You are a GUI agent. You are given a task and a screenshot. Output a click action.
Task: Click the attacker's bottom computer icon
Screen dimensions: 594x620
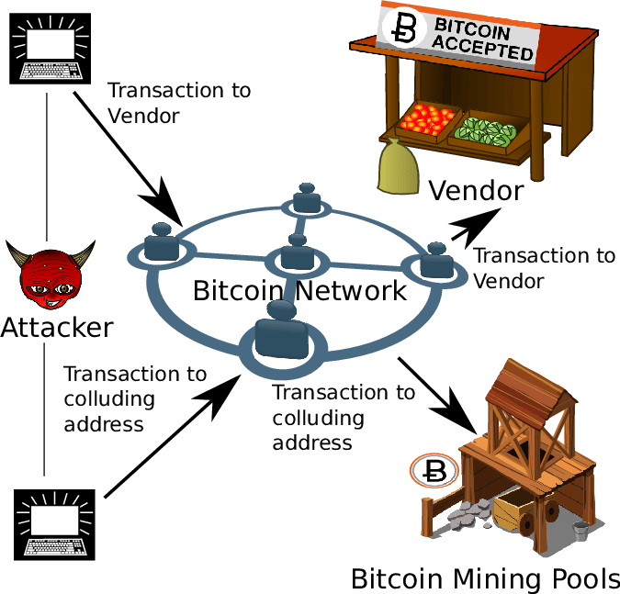[x=56, y=522]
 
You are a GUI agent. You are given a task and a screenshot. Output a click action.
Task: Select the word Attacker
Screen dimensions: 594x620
[x=57, y=327]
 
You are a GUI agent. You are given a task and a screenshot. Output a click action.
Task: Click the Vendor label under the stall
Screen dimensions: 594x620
[x=476, y=191]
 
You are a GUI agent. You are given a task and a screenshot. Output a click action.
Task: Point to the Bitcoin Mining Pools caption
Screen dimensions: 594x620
[x=485, y=579]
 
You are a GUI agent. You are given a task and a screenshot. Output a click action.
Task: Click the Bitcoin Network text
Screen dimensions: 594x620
[x=299, y=292]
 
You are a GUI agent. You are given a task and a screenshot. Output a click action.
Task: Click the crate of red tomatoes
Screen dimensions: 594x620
[x=428, y=119]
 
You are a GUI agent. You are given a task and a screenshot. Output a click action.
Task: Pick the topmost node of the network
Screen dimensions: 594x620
[x=305, y=199]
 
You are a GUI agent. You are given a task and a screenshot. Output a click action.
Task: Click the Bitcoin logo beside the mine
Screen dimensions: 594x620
[x=431, y=472]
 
